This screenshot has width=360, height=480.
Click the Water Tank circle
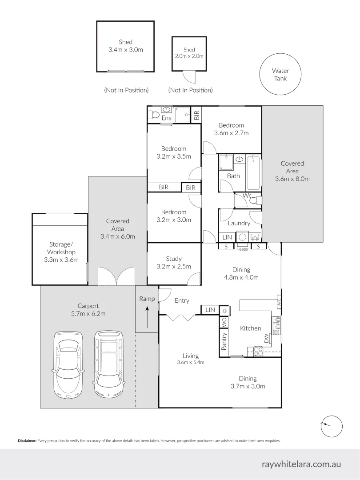[280, 75]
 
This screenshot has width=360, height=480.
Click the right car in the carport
[108, 364]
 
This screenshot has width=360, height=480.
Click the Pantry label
[224, 341]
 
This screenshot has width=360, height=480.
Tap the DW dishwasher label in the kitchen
[266, 339]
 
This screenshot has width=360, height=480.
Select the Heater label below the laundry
[242, 249]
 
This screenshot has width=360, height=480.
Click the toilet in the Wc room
[255, 201]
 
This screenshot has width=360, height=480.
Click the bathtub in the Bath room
[253, 172]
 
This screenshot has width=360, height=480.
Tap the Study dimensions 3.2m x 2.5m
[174, 267]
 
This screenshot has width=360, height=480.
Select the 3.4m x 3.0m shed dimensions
[126, 50]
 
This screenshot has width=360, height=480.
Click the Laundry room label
[239, 223]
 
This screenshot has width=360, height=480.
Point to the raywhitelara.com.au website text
[301, 464]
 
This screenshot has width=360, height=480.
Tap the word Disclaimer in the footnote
[27, 441]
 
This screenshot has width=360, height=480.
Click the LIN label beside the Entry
[210, 310]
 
